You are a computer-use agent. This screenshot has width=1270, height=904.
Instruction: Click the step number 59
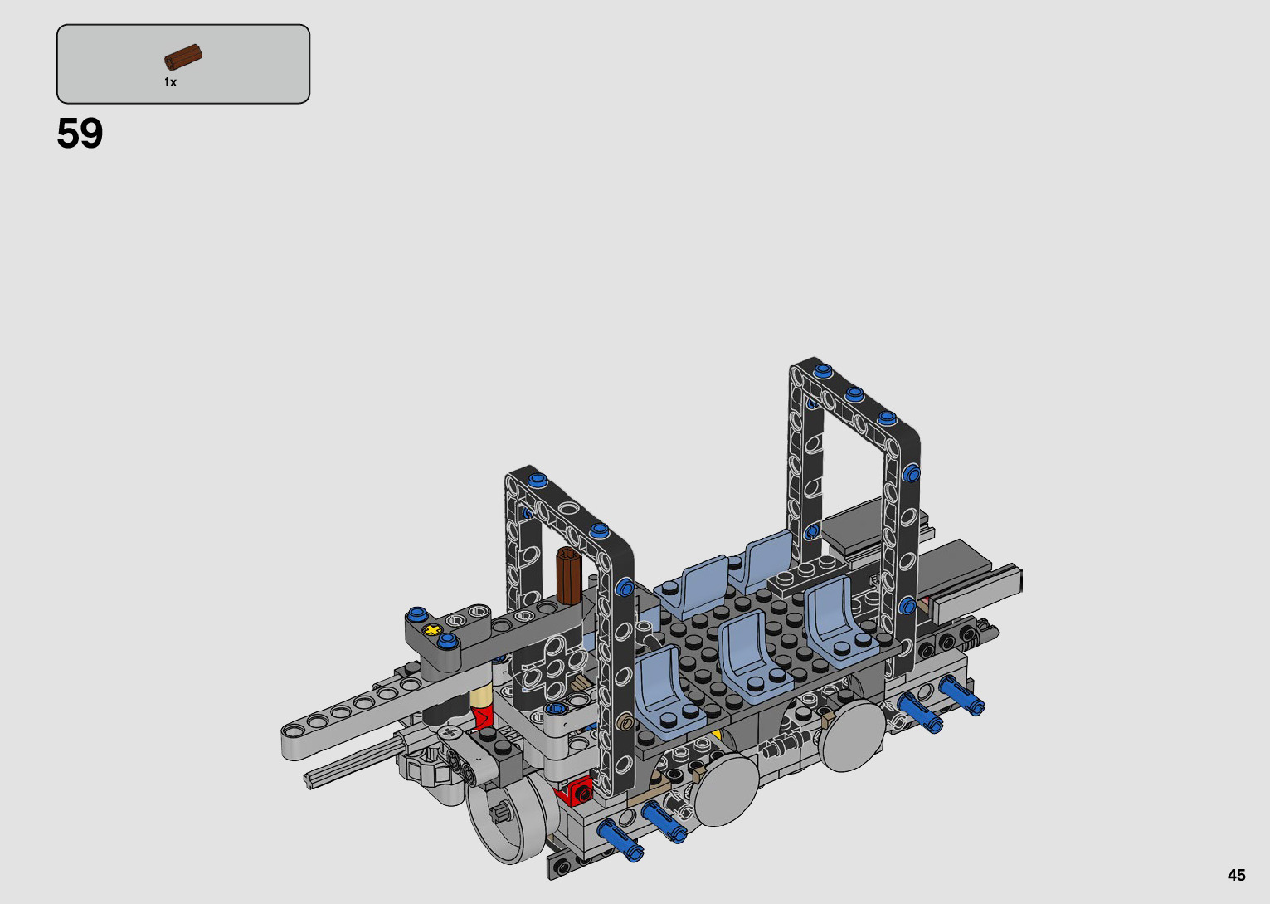pos(80,134)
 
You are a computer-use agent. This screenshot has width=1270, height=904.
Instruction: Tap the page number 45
pos(1237,875)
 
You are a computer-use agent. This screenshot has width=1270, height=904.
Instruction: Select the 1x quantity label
pos(171,82)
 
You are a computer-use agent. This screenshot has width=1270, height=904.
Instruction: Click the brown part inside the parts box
pos(183,56)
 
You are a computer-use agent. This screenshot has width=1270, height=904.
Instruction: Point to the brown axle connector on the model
pos(569,575)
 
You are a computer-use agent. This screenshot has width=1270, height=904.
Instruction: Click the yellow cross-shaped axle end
pos(433,629)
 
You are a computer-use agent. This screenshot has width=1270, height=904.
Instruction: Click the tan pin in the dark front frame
pos(626,723)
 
